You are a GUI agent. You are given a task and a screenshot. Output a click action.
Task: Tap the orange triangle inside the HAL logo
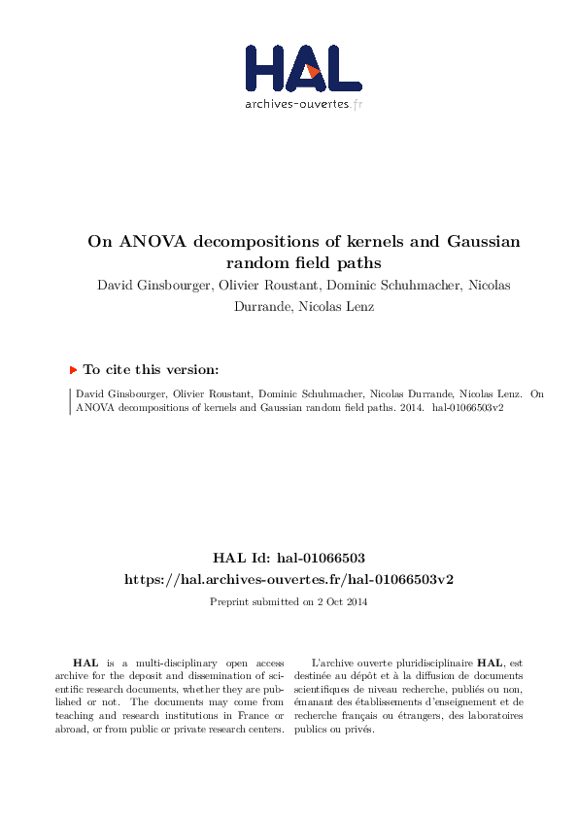tap(313, 71)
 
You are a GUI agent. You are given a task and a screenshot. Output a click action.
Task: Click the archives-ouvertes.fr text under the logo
tap(302, 104)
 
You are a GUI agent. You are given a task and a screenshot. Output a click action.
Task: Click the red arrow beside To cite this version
tap(74, 370)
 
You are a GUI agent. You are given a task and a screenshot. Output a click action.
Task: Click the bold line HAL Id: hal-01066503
tap(289, 560)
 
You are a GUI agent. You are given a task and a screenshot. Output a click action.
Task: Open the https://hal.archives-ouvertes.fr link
tap(289, 579)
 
